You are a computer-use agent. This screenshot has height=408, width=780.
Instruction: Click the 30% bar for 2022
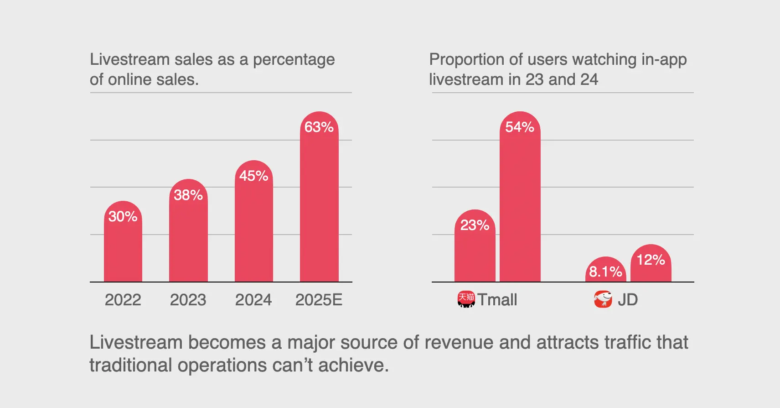point(123,246)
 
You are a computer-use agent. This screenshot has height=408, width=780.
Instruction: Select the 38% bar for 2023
point(188,235)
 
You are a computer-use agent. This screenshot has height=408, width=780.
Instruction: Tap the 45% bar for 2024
point(254,226)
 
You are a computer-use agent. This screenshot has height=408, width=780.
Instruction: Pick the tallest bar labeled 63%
point(319,201)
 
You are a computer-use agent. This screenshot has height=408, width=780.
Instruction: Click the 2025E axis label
point(319,300)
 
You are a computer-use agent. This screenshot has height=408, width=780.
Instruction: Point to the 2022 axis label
point(123,300)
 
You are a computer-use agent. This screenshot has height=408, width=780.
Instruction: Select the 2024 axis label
point(253,300)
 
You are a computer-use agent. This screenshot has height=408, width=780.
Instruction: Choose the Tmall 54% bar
point(520,201)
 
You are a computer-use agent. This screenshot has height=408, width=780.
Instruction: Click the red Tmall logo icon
point(466,299)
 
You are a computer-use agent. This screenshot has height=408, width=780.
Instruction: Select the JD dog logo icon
point(603,299)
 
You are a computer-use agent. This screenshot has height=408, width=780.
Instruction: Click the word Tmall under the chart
point(497,300)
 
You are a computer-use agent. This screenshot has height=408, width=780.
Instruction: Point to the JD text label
point(628,300)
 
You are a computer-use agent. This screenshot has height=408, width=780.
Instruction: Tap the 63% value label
point(319,127)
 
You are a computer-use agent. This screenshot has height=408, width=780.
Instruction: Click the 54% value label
point(520,127)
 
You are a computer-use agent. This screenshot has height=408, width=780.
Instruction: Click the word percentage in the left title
point(294,60)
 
